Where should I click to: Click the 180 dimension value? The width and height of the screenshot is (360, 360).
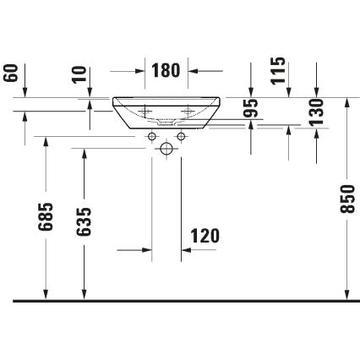coord(166,71)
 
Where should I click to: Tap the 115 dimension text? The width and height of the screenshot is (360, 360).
coord(278,70)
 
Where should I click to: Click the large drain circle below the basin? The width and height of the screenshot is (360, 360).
coord(166,149)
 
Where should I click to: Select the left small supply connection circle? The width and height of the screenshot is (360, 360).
coord(152,136)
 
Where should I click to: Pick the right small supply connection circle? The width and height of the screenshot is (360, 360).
coord(181,136)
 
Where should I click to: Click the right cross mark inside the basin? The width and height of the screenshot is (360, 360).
coord(188,110)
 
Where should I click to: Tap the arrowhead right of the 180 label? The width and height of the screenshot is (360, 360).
coord(193,71)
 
